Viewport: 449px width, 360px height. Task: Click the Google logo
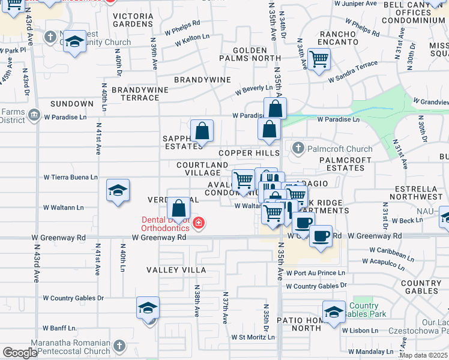click(x=20, y=353)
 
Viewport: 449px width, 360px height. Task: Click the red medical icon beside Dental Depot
click(x=199, y=224)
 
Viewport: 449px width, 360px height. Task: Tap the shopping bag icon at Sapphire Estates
click(x=202, y=131)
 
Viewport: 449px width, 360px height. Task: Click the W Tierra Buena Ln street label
click(x=70, y=178)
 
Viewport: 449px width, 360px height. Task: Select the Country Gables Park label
click(x=367, y=310)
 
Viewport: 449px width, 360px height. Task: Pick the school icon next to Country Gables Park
click(x=334, y=311)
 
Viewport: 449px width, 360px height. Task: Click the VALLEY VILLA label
click(x=176, y=270)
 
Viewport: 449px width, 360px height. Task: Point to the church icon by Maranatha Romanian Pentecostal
click(x=119, y=346)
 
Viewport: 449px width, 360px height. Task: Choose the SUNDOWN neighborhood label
click(x=72, y=104)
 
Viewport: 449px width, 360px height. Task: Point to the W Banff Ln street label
click(x=59, y=328)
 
